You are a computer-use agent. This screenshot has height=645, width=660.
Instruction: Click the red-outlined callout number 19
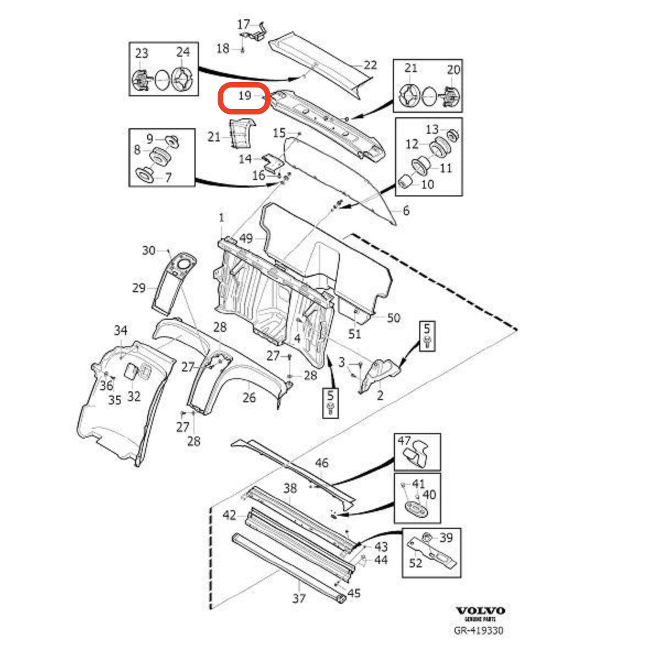point(244,96)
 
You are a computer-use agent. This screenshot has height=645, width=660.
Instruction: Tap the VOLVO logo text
point(480,611)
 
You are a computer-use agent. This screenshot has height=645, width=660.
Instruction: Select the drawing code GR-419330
point(478,631)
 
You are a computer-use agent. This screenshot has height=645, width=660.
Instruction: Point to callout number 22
point(370,65)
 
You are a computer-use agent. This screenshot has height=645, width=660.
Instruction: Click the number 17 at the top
point(244,24)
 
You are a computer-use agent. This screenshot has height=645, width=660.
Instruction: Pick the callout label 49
point(246,238)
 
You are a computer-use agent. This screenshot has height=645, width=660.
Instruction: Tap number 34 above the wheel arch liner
point(121,330)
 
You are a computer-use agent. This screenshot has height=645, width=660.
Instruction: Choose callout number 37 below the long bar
point(299,598)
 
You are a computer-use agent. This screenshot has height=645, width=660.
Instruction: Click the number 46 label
point(322,463)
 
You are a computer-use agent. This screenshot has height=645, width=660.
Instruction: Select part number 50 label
point(393,318)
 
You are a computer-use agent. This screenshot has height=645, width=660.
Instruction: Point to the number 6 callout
point(406,210)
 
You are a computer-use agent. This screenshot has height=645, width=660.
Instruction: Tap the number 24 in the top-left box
point(183,52)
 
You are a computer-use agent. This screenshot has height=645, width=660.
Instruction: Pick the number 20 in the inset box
point(453,69)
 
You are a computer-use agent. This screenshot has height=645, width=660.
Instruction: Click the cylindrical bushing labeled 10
point(406,182)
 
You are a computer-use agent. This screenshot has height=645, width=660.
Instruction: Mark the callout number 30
point(149,250)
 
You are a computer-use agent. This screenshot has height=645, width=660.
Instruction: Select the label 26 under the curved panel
point(249,397)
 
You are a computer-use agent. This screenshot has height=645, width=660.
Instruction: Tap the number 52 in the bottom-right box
point(415,562)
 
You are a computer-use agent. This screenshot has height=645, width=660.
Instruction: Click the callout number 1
point(221,218)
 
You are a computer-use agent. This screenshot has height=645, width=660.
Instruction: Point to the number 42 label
point(229,515)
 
